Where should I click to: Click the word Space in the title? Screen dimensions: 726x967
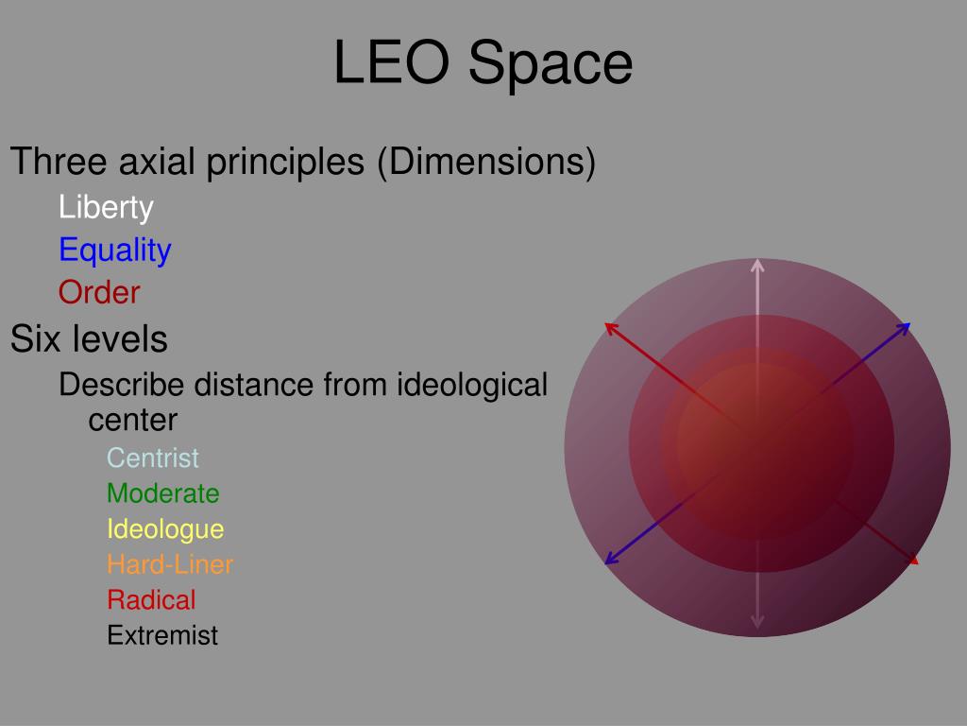[x=551, y=64]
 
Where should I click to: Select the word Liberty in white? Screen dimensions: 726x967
[x=106, y=207]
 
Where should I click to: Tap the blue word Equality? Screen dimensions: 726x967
[x=114, y=250]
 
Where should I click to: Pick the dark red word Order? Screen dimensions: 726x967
[x=99, y=292]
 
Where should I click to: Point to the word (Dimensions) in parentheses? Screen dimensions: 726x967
[x=486, y=163]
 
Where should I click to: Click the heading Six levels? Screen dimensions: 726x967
[x=89, y=338]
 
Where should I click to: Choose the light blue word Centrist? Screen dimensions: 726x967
[x=153, y=458]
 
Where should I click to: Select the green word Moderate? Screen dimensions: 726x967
[x=162, y=493]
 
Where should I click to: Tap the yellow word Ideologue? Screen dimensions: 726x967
[x=165, y=528]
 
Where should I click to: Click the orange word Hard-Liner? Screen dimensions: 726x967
[x=170, y=564]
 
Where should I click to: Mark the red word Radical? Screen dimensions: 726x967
[x=151, y=599]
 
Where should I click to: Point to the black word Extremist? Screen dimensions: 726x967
[x=162, y=635]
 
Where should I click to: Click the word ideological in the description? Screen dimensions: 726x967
[x=472, y=385]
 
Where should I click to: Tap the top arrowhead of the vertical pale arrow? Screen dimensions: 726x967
[x=757, y=265]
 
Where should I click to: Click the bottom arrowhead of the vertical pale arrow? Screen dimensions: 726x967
[x=757, y=621]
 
